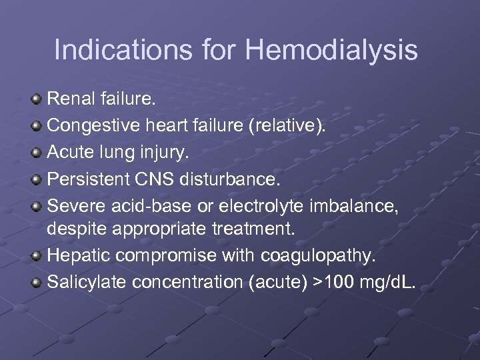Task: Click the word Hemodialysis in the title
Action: pos(331,51)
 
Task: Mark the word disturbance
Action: pos(235,179)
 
